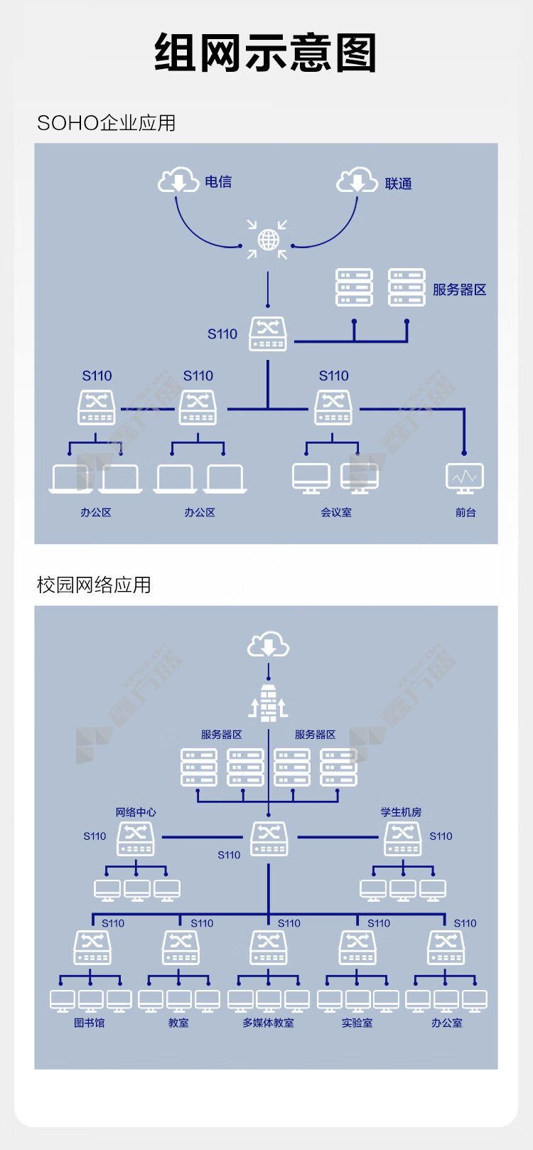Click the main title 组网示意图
click(266, 53)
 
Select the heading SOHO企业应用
click(106, 123)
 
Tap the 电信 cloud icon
click(178, 180)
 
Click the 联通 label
click(398, 183)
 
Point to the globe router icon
click(267, 239)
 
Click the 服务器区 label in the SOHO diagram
click(459, 289)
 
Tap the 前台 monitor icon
click(464, 478)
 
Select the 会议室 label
click(336, 512)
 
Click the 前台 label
click(465, 512)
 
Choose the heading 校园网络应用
click(94, 585)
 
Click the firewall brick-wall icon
click(269, 703)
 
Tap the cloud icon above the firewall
click(269, 644)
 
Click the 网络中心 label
click(136, 811)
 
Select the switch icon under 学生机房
click(403, 839)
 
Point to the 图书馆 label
click(90, 1023)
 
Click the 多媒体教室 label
click(269, 1023)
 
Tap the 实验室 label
click(357, 1023)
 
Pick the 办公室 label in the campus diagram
click(446, 1023)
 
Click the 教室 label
click(178, 1023)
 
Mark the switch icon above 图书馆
click(92, 948)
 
